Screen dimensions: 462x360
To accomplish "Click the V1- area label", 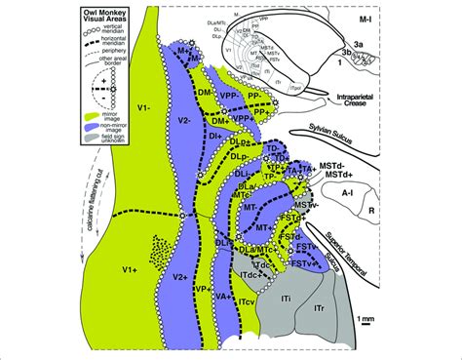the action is click(138, 102).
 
